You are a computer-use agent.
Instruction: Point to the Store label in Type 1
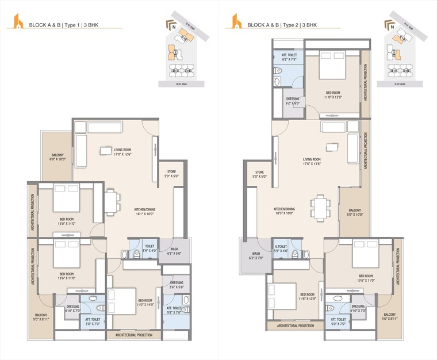pos(171,173)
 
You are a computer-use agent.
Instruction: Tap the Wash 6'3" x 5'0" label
pos(174,251)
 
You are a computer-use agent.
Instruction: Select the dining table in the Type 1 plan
pos(113,202)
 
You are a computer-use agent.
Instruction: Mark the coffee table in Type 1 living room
pos(106,151)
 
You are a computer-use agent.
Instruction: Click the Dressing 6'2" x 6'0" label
pos(292,101)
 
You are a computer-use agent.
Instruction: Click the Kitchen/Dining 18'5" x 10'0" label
pos(284,211)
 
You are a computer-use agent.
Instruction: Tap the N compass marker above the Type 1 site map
pos(171,26)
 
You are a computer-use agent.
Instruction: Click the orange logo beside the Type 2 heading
pos(235,21)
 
